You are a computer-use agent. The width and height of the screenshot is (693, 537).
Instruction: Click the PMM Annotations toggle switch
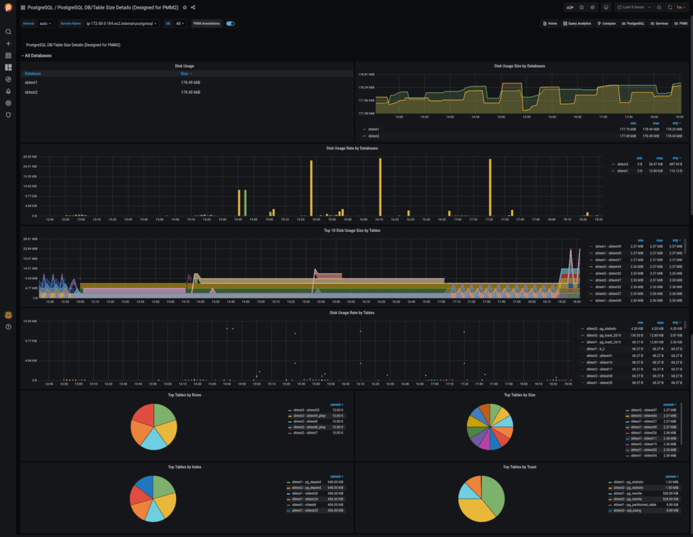[231, 23]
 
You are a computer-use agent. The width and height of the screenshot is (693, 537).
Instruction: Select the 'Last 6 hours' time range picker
[634, 7]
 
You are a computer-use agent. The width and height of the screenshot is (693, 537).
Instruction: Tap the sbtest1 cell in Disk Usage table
[31, 83]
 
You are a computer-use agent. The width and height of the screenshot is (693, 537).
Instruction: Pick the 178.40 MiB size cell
[190, 92]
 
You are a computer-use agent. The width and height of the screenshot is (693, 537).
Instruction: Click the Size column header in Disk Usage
[185, 73]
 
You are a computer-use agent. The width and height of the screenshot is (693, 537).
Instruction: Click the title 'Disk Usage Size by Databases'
[519, 66]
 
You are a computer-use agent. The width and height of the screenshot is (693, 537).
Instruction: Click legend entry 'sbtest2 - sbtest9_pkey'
[309, 416]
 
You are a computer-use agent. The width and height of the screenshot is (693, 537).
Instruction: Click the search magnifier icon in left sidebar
[8, 32]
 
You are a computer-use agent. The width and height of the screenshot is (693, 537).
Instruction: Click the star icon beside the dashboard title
[185, 7]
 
